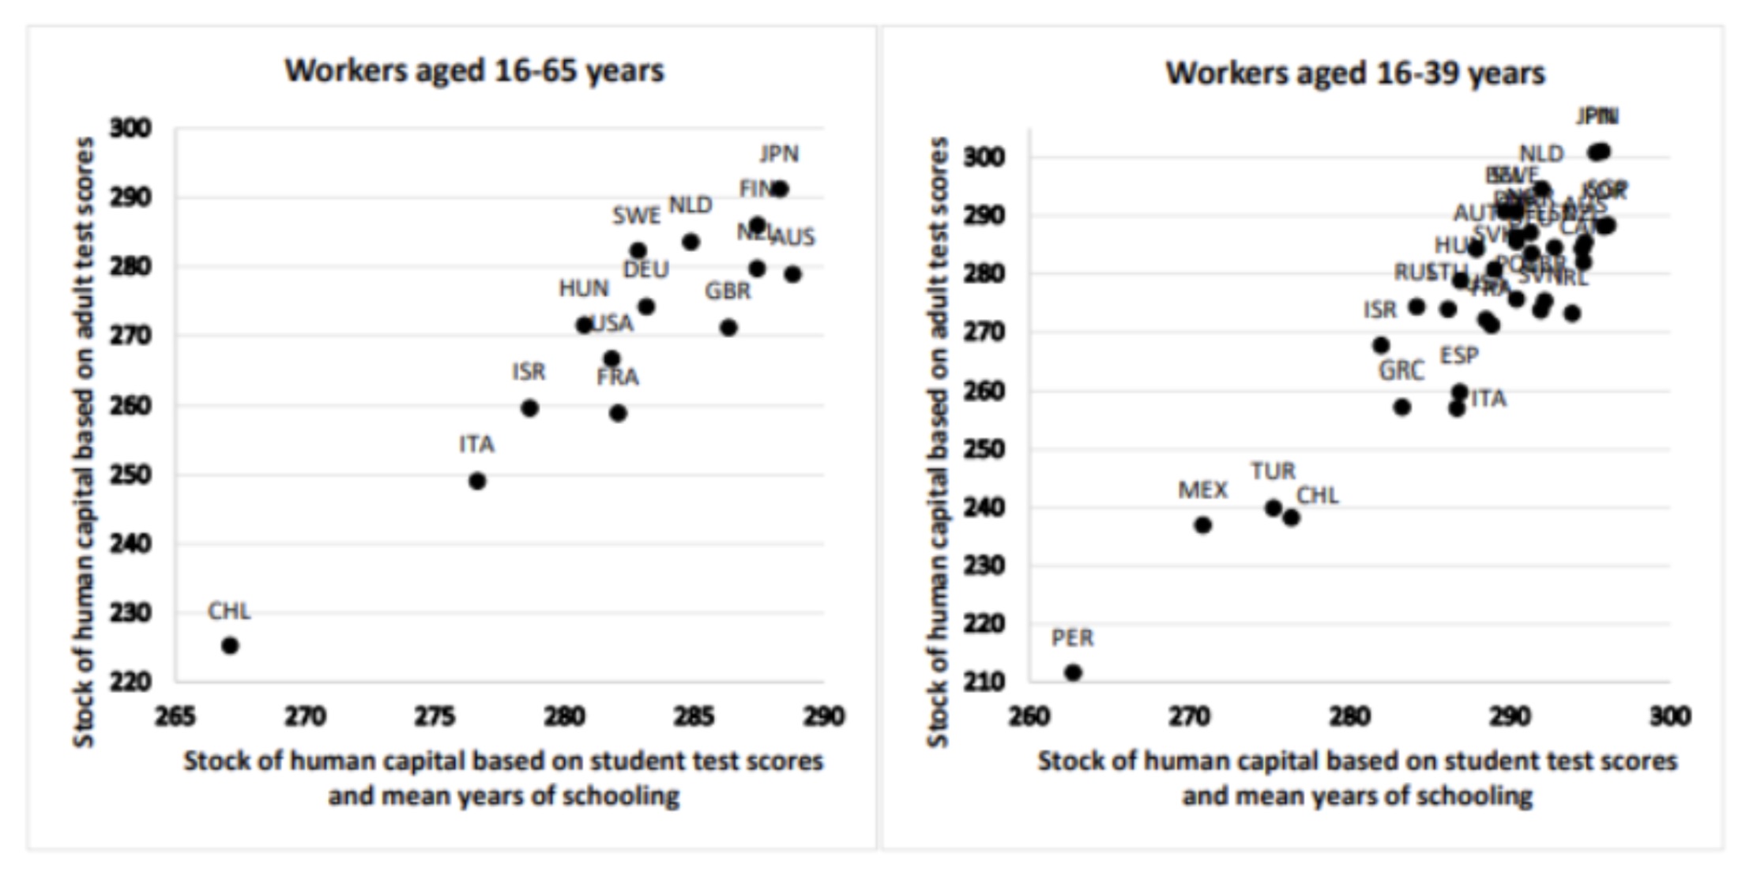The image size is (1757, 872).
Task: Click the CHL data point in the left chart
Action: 230,645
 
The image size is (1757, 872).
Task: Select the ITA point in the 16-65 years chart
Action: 477,480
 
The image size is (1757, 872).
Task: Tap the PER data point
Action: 1073,672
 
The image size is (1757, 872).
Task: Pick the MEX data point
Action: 1202,524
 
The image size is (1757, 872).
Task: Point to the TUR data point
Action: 1274,508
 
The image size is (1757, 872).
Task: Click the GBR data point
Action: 728,327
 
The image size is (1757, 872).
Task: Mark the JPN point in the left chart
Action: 780,189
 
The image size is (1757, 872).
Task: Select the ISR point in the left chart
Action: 530,408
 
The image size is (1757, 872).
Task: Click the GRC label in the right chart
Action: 1401,370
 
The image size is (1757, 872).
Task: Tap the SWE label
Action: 636,216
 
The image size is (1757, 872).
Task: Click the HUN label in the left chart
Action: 584,288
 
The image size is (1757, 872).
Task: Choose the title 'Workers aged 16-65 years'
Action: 474,71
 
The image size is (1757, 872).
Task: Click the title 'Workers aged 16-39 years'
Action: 1355,73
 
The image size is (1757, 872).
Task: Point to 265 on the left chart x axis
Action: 175,716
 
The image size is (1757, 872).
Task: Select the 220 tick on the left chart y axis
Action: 130,681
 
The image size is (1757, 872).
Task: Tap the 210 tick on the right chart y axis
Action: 983,681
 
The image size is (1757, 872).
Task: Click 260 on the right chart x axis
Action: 1029,716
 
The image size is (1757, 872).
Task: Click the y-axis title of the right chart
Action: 938,442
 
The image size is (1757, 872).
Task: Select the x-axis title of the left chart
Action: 503,778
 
